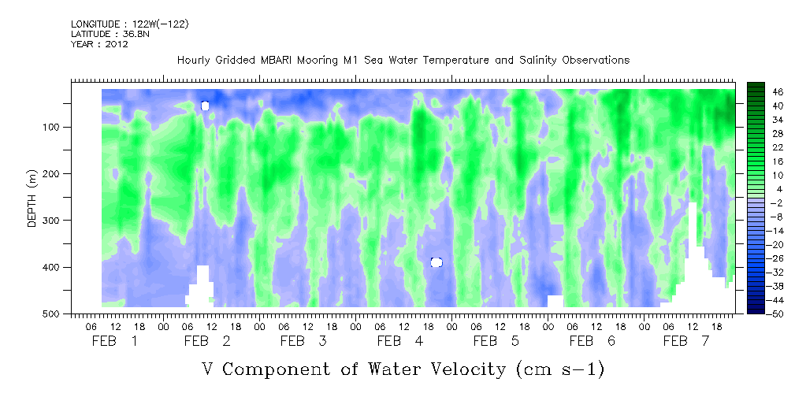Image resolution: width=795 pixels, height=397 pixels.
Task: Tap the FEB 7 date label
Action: [x=685, y=341]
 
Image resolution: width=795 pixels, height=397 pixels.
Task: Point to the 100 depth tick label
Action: [x=61, y=128]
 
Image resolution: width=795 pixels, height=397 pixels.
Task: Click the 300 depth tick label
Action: [x=61, y=221]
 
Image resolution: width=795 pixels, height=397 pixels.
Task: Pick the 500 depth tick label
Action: [x=61, y=314]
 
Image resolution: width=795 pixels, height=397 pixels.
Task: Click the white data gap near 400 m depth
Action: [x=437, y=262]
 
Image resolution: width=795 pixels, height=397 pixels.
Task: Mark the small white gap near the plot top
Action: [x=205, y=106]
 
